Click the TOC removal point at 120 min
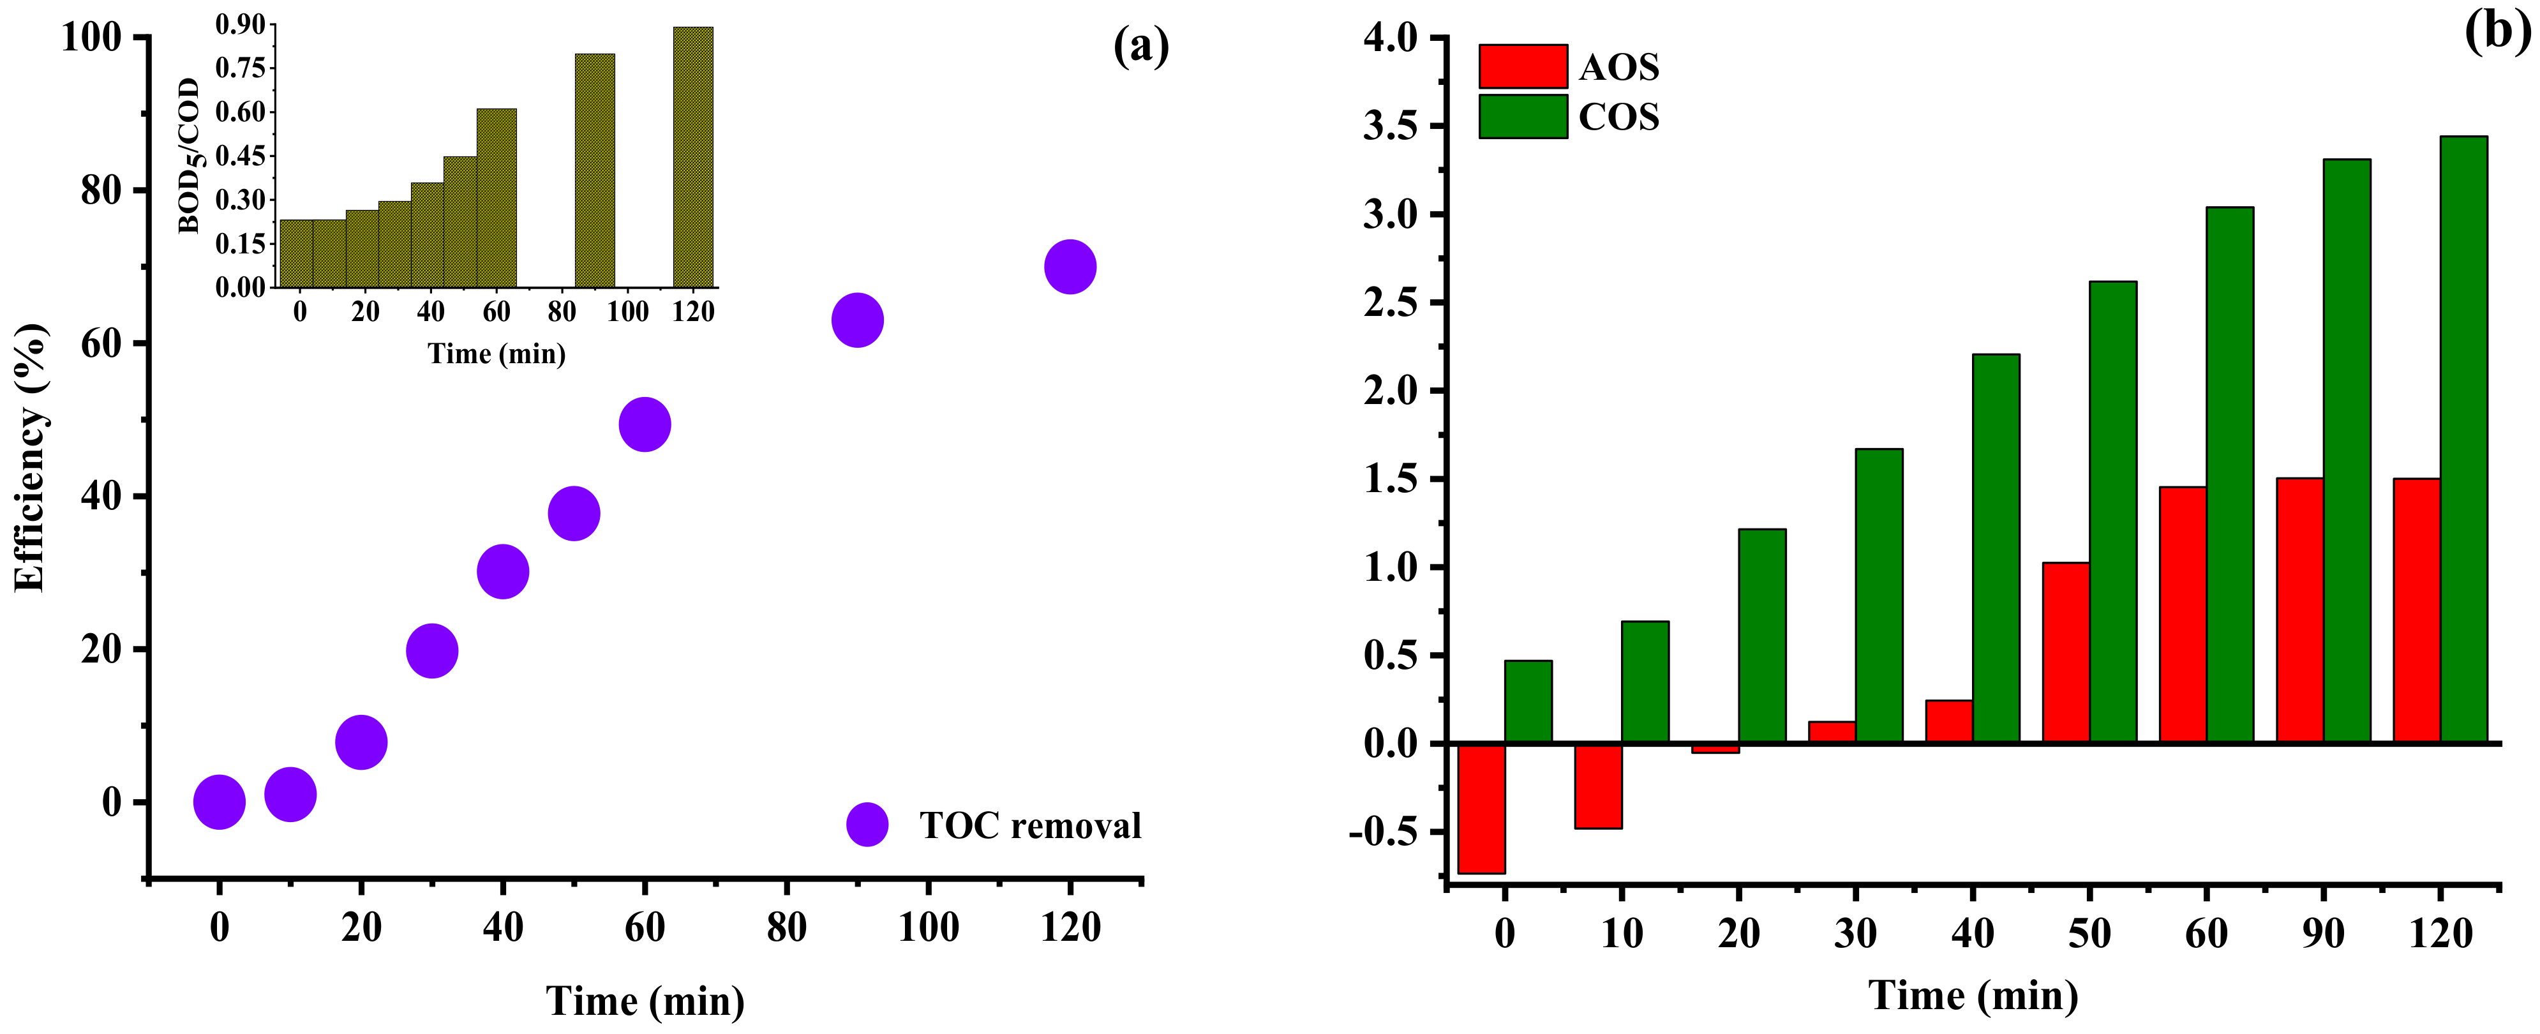[1070, 266]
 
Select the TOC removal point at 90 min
[857, 320]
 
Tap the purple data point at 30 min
[432, 650]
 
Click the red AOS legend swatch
[1523, 66]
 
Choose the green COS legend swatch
[1523, 116]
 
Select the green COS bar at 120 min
[2463, 438]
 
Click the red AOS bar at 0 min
[1481, 808]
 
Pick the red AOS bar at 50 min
[2066, 652]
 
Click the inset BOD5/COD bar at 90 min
[595, 170]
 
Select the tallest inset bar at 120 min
[693, 158]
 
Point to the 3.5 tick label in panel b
[1389, 126]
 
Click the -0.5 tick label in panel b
[1380, 832]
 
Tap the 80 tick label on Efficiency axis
[101, 190]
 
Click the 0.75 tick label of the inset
[241, 68]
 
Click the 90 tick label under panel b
[2323, 933]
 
